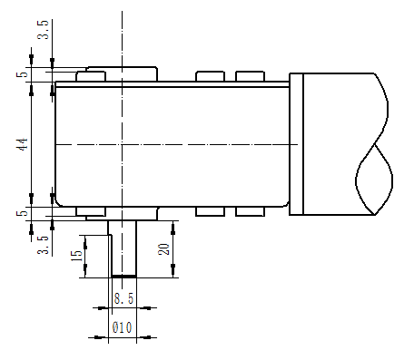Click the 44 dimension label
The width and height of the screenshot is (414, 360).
click(22, 144)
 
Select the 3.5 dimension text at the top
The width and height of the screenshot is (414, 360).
click(43, 30)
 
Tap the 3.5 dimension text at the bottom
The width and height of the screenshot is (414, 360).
click(43, 245)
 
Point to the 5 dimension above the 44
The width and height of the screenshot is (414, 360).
click(22, 74)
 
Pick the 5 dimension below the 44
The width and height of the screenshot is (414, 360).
click(22, 213)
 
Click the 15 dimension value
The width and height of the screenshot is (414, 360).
click(76, 256)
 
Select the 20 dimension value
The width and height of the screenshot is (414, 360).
click(163, 249)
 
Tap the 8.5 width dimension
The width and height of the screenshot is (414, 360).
click(123, 298)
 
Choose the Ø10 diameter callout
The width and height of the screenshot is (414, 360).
click(122, 327)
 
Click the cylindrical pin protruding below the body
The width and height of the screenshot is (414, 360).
click(123, 248)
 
